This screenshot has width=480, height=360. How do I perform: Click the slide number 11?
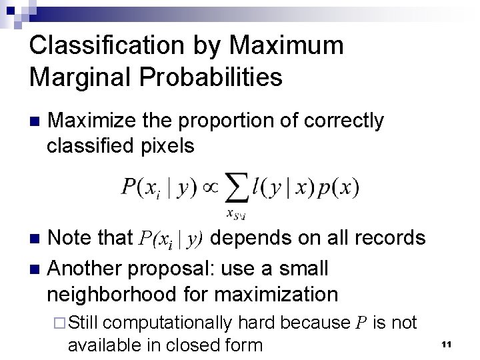click(x=447, y=343)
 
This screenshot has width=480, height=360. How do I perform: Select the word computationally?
click(x=169, y=323)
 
